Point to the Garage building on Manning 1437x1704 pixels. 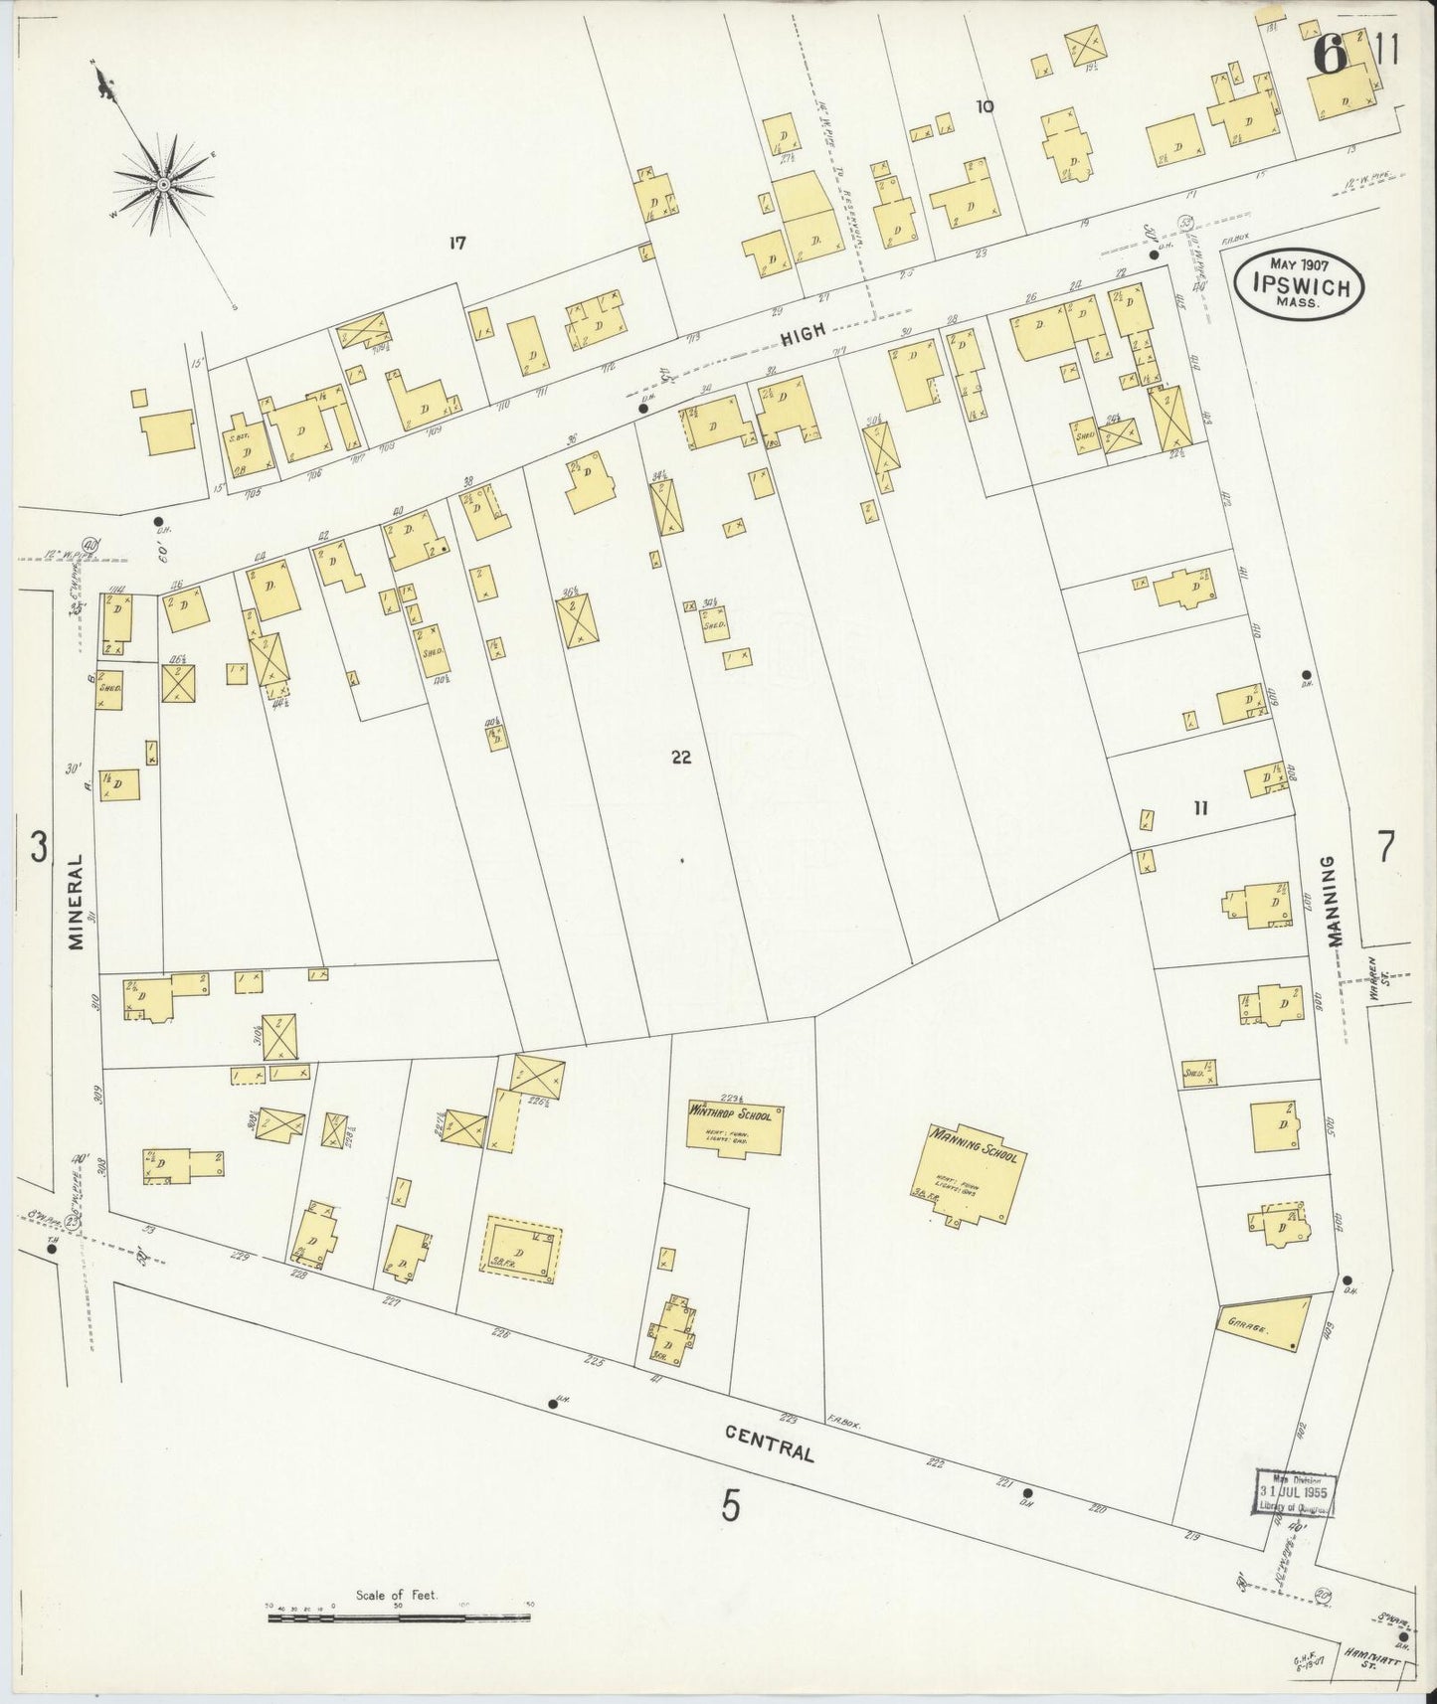(x=1259, y=1326)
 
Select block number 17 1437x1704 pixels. (x=457, y=243)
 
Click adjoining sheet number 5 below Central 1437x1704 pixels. (x=731, y=1508)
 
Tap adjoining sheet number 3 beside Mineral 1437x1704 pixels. (x=38, y=848)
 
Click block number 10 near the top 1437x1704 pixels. (x=985, y=106)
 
